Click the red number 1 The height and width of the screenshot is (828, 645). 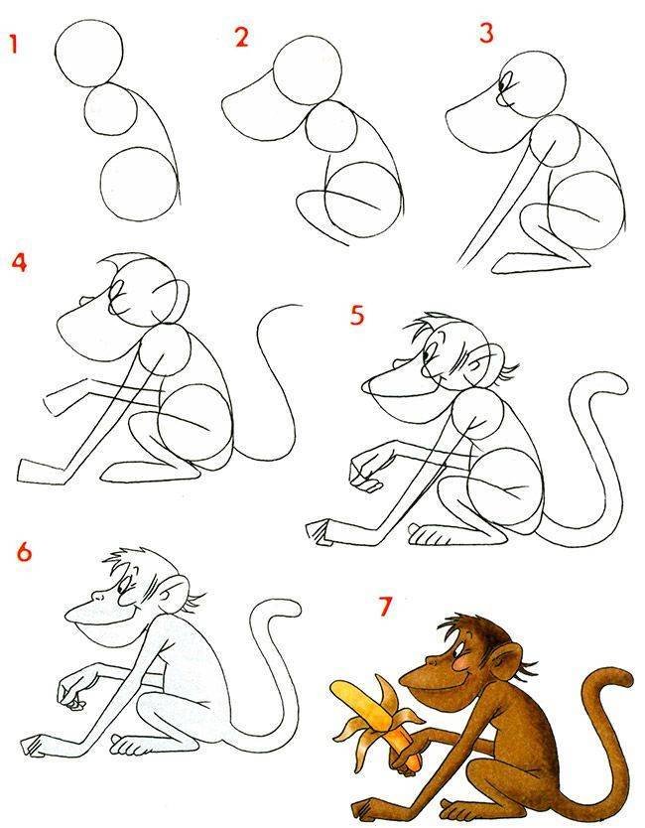pos(13,45)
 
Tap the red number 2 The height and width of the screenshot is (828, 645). pos(242,38)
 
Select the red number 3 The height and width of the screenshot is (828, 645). pos(486,32)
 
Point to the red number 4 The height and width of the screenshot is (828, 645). pos(19,262)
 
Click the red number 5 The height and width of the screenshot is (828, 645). pos(357,316)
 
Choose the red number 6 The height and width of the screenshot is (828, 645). pos(24,552)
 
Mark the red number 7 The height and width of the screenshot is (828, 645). pos(386,607)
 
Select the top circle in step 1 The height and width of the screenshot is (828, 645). pos(88,54)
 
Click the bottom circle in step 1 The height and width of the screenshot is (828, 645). pos(138,184)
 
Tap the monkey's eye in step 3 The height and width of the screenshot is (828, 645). pos(502,84)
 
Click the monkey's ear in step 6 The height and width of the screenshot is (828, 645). pos(175,594)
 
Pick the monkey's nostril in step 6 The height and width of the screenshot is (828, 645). pos(97,597)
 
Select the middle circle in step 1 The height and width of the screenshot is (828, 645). pos(111,110)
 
